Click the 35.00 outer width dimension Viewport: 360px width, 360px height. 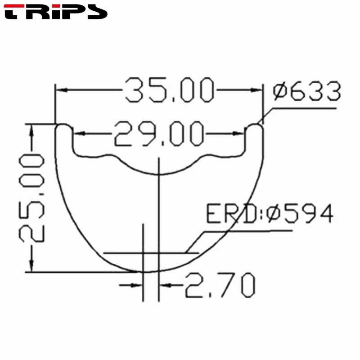tap(168, 90)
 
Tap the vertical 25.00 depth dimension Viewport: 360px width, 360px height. tap(31, 198)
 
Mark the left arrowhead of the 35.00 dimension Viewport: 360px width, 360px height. tap(60, 90)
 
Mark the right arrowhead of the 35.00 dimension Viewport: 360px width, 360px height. tap(256, 90)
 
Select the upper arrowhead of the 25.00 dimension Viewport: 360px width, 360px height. tap(31, 131)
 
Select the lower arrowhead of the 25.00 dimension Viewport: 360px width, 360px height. tap(31, 266)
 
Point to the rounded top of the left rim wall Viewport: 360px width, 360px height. tap(63, 126)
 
